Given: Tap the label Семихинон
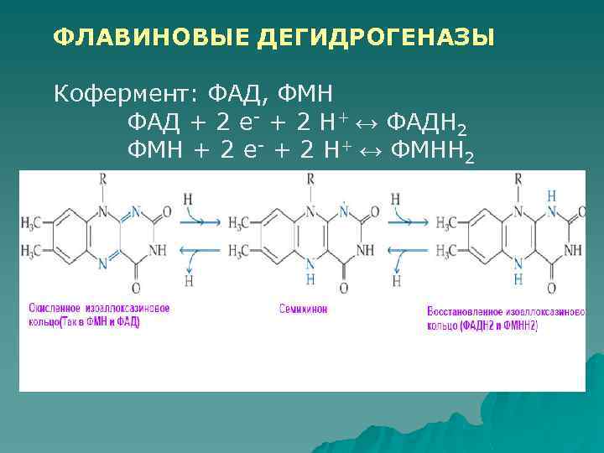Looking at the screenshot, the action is tap(303, 309).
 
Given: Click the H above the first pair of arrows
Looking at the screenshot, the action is tap(188, 199).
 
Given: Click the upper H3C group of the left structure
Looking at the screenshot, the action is tap(34, 222).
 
